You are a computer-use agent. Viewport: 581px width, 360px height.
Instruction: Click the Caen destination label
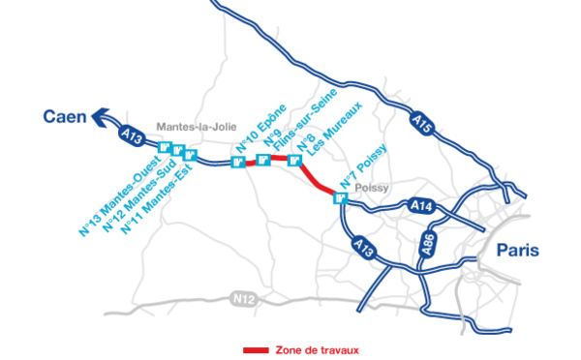point(62,117)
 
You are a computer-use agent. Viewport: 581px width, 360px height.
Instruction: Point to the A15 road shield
point(420,123)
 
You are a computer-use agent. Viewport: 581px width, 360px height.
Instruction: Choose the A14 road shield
point(421,206)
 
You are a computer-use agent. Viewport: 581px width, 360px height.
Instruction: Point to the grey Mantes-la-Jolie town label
point(192,127)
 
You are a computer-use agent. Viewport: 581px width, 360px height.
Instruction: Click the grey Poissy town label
point(371,188)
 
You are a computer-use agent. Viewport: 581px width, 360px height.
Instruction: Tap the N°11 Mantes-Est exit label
point(159,194)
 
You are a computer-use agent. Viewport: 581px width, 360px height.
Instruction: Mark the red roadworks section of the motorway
point(315,178)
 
